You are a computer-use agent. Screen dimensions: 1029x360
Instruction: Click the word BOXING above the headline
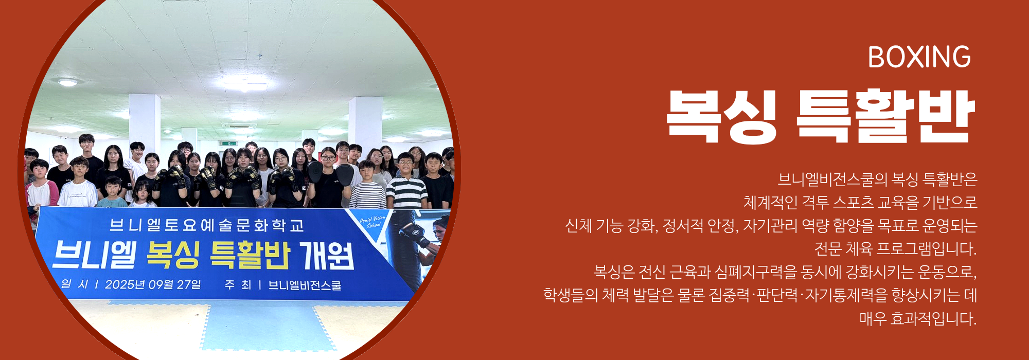[919, 57]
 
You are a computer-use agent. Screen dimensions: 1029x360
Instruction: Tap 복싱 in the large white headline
[721, 116]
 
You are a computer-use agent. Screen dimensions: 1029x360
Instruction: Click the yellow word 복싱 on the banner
[173, 255]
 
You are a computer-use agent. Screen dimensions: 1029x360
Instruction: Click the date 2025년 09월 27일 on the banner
[153, 284]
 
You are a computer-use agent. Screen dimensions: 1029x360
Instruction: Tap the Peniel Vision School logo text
[372, 222]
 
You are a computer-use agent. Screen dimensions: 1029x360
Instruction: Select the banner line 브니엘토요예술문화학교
[207, 225]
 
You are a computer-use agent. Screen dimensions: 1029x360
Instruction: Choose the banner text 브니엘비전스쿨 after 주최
[305, 285]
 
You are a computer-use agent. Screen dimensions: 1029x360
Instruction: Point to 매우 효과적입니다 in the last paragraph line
[918, 319]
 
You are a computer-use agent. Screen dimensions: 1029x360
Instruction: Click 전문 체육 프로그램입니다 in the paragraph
[895, 249]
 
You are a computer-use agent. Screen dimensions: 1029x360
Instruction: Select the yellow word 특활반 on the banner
[250, 255]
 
